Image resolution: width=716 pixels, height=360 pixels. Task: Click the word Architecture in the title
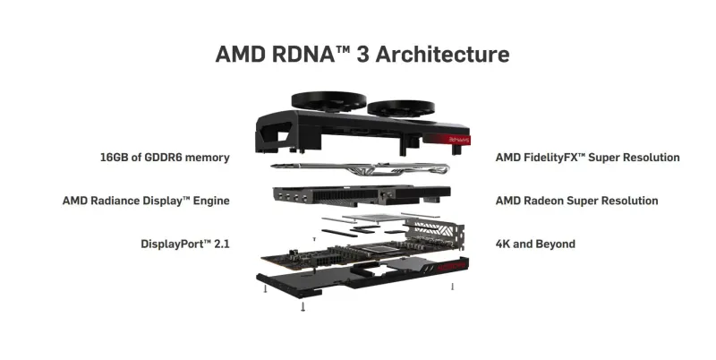(x=442, y=54)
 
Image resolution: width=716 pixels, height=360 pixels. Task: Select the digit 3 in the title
(x=362, y=54)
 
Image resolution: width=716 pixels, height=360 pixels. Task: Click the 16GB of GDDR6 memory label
(x=165, y=158)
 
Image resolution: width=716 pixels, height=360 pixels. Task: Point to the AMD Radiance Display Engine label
(x=146, y=201)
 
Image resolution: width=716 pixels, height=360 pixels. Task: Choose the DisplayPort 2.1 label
(x=185, y=244)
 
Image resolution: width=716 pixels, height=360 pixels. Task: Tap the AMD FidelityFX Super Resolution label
(x=588, y=158)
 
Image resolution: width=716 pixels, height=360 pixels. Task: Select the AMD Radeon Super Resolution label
(x=576, y=201)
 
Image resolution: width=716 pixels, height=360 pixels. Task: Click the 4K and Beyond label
(x=535, y=244)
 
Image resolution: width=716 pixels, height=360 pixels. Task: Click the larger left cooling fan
(x=328, y=101)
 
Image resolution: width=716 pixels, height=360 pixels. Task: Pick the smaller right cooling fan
(x=401, y=108)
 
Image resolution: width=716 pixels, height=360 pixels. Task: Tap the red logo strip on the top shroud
(x=447, y=140)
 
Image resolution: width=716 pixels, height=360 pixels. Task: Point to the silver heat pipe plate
(x=360, y=168)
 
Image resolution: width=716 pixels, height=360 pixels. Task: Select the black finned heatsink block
(x=362, y=194)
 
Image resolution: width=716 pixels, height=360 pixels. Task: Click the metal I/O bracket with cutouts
(x=435, y=233)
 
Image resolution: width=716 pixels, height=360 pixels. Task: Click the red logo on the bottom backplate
(x=451, y=266)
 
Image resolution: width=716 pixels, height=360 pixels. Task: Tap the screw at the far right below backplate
(x=453, y=287)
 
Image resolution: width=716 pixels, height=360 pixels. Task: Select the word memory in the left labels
(x=208, y=159)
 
